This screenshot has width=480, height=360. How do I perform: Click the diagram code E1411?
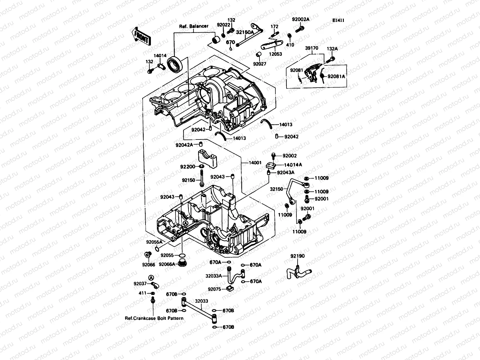338,21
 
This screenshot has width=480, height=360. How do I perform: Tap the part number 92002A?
300,19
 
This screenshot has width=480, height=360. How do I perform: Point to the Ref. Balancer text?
194,26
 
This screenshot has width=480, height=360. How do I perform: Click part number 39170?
312,48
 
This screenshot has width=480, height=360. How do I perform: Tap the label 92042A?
184,145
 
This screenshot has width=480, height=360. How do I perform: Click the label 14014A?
293,165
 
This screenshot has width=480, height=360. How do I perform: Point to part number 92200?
188,166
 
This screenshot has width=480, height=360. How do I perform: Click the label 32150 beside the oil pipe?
276,189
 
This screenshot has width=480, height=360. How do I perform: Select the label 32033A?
214,276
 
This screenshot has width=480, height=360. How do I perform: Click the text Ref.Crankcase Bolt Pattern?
154,318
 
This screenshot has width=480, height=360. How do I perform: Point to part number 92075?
214,289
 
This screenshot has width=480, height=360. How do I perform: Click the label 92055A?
154,242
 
